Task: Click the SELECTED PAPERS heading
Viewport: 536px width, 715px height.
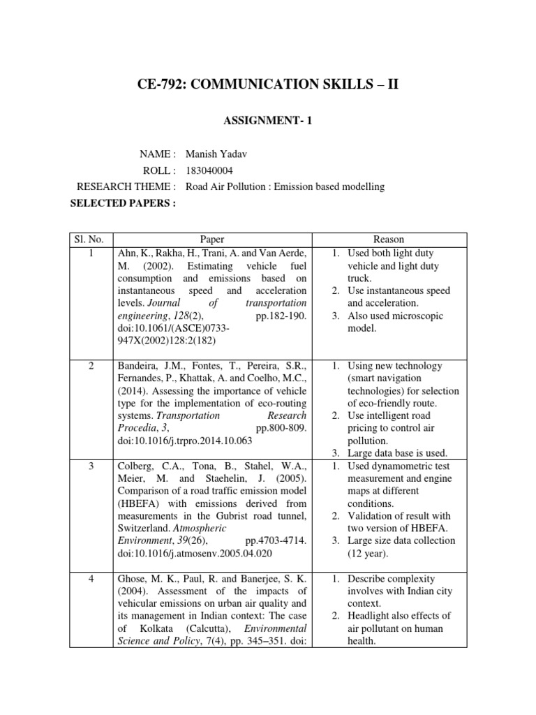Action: click(x=123, y=203)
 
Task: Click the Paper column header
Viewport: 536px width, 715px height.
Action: click(x=212, y=239)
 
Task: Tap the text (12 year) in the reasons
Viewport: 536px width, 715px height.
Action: click(x=374, y=554)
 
